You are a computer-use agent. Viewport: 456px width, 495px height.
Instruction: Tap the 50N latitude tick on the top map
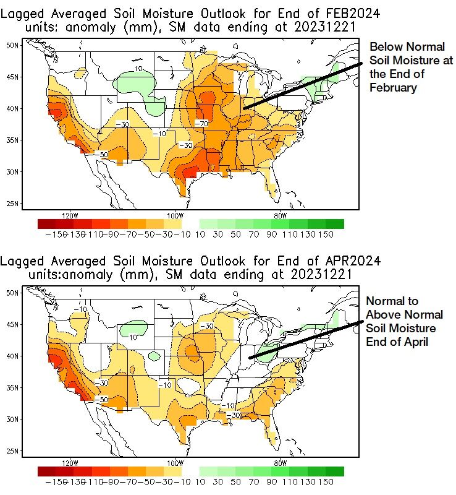[12, 45]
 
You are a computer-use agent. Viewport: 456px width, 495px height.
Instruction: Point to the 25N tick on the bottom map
[12, 451]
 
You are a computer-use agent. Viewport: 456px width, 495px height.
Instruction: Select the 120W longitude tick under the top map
[70, 215]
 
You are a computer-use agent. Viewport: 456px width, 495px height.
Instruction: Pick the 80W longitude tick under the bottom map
[279, 463]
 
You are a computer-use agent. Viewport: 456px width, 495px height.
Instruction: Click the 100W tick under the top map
[175, 215]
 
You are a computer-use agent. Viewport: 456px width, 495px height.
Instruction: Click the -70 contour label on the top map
[200, 124]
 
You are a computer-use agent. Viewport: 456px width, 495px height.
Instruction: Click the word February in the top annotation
[393, 88]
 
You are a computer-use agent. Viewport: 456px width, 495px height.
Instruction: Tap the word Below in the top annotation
[383, 47]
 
